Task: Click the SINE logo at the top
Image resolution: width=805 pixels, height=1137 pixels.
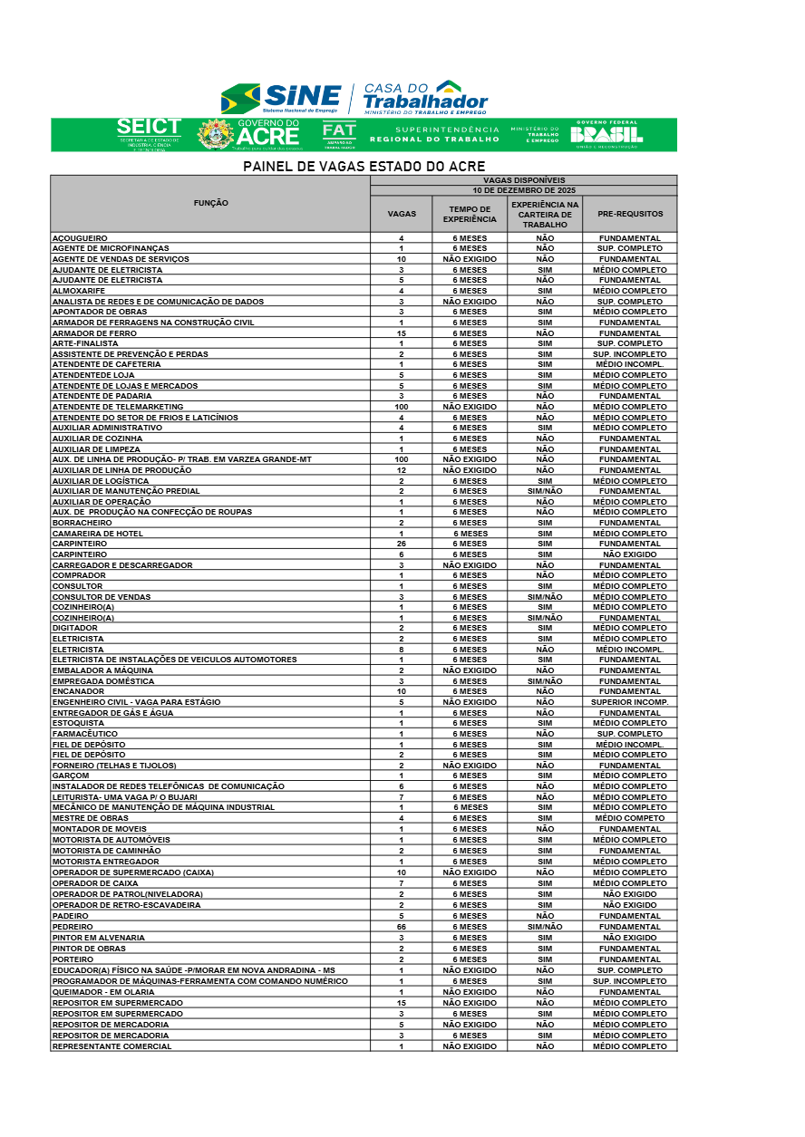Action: pos(281,98)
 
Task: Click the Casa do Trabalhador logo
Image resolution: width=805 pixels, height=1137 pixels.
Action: pos(425,97)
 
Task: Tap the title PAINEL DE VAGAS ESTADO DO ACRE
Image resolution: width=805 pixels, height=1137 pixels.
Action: pos(364,167)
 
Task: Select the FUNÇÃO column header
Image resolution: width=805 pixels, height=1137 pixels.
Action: pos(210,203)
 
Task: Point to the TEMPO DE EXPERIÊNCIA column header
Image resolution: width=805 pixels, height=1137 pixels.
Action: pos(470,214)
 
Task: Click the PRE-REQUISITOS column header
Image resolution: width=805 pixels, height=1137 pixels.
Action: pos(630,214)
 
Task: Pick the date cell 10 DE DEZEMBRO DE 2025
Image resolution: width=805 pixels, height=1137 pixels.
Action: pos(524,190)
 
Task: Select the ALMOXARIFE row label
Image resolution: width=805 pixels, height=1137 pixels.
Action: pos(81,291)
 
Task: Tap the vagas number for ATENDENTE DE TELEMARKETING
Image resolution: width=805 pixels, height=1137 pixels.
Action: pos(401,407)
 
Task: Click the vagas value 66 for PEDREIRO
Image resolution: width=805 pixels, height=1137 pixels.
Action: pos(401,927)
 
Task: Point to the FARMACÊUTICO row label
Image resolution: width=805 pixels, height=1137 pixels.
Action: pos(85,734)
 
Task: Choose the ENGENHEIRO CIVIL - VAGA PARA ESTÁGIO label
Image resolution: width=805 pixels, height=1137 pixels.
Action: pos(136,702)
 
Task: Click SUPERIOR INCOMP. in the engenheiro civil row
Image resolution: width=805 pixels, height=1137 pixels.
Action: pos(630,702)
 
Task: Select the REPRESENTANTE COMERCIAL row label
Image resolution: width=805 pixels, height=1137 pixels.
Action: pos(112,1046)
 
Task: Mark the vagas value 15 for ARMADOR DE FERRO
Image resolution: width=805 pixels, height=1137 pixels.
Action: pos(401,333)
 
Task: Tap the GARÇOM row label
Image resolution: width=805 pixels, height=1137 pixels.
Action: pos(71,776)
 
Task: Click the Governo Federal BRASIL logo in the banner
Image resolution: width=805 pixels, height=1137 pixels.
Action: pos(606,133)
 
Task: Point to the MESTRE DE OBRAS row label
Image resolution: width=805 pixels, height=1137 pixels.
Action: pos(90,818)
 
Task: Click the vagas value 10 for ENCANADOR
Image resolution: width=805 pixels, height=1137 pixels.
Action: pos(401,691)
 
